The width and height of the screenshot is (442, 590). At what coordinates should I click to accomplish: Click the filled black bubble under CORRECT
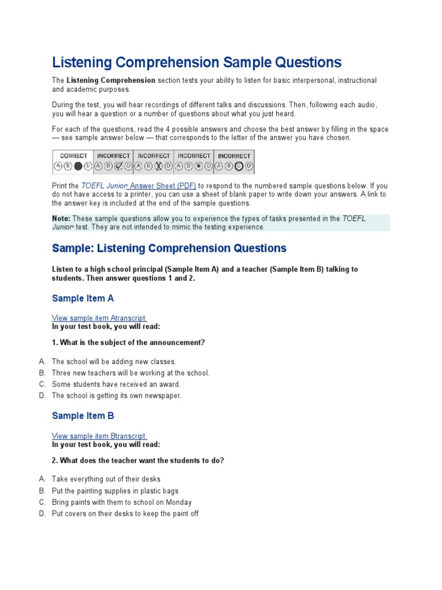point(78,167)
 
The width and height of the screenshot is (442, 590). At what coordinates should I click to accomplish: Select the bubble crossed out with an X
point(158,167)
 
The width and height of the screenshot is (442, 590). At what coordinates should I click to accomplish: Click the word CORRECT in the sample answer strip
point(74,156)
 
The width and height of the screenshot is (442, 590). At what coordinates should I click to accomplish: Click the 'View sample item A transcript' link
point(98,318)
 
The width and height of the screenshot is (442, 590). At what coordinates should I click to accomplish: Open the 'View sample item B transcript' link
point(98,436)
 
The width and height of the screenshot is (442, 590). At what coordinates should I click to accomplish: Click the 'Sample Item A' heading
point(83,298)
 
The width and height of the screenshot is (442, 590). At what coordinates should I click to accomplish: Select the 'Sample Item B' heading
point(83,416)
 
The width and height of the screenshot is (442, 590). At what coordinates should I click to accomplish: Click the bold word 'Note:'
point(61,218)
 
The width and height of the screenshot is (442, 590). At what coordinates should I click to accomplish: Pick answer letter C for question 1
point(42,384)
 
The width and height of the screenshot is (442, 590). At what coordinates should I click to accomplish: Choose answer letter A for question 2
point(42,479)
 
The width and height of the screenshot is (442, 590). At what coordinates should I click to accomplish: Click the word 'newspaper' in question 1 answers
point(163,396)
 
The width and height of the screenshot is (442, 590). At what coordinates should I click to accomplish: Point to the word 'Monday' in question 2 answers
point(179,502)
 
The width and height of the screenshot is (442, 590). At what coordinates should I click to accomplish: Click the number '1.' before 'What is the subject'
point(55,343)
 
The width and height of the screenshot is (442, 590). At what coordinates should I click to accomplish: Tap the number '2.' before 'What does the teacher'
point(55,460)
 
